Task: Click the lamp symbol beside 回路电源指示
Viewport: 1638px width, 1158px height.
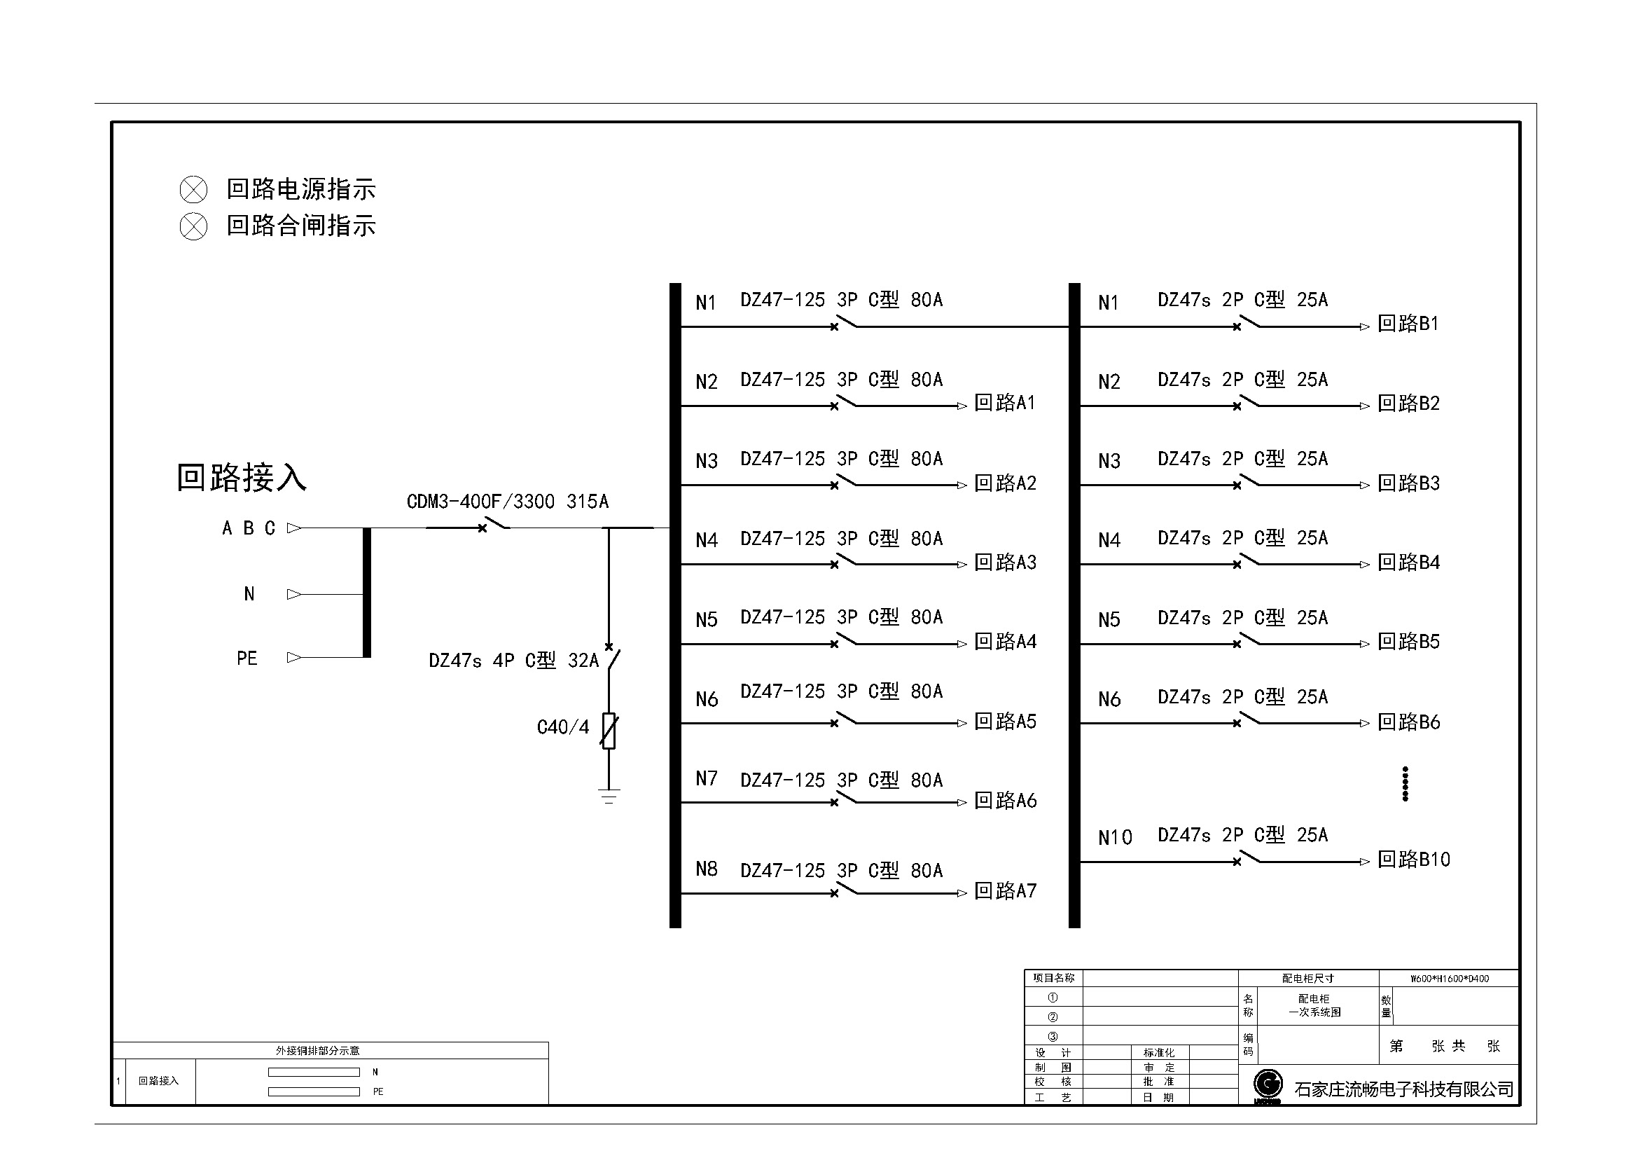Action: pos(193,190)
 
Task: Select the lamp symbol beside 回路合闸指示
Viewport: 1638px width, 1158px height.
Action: pos(193,227)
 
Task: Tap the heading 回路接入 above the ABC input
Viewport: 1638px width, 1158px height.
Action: pos(241,477)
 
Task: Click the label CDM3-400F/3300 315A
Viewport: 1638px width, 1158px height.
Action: pos(507,502)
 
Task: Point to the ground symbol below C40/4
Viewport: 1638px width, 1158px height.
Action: pos(609,796)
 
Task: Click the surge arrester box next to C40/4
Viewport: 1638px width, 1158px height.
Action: pos(609,731)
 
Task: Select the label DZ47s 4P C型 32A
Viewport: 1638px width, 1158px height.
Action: pos(513,661)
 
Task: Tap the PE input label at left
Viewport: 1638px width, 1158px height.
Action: pos(247,658)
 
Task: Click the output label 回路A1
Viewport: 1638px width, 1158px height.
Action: pos(1004,403)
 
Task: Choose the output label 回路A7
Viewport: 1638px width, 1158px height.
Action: pos(1004,890)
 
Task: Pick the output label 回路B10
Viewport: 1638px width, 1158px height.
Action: pos(1413,859)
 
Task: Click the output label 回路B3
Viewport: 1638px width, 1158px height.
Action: pos(1408,483)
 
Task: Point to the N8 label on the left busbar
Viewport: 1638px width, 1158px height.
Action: pos(707,869)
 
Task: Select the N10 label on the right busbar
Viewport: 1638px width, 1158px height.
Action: pos(1114,837)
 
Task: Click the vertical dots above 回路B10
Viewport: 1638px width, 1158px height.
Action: pos(1405,784)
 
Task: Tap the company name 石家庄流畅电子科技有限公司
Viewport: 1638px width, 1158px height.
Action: pos(1403,1089)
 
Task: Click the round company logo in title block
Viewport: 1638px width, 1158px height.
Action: pos(1268,1084)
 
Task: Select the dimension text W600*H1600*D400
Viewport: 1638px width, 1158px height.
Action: pos(1449,979)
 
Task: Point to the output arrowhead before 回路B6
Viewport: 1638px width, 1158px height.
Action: pos(1364,724)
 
